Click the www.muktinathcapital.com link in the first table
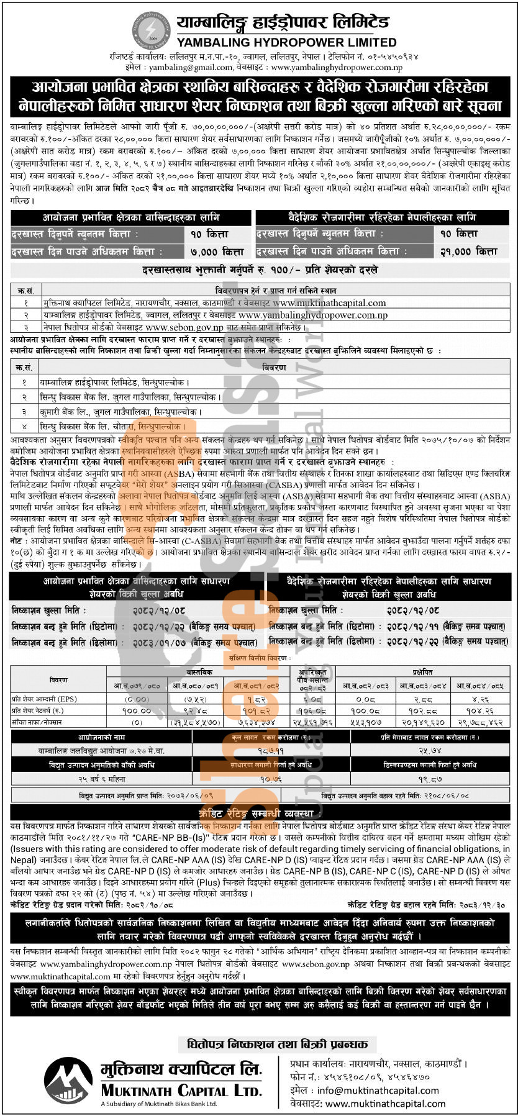pyautogui.click(x=329, y=303)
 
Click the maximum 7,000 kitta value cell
pyautogui.click(x=217, y=252)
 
